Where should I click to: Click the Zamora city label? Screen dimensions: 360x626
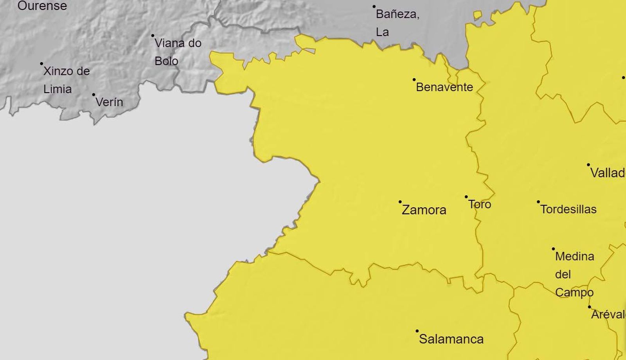pyautogui.click(x=424, y=210)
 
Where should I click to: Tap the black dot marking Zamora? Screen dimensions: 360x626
pyautogui.click(x=400, y=202)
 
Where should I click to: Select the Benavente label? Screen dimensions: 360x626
pyautogui.click(x=444, y=87)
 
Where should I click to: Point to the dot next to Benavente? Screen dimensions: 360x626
pyautogui.click(x=414, y=79)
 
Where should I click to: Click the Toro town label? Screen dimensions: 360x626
pyautogui.click(x=480, y=204)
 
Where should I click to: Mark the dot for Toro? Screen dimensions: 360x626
pyautogui.click(x=466, y=197)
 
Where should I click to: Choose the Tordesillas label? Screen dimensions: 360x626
pyautogui.click(x=568, y=209)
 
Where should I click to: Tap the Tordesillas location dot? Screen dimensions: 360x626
pyautogui.click(x=538, y=202)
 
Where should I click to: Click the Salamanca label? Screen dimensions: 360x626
pyautogui.click(x=451, y=339)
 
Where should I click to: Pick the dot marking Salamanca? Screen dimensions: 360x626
pyautogui.click(x=417, y=331)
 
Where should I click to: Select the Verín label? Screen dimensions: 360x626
pyautogui.click(x=109, y=102)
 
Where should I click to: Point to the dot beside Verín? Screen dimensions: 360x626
pyautogui.click(x=94, y=95)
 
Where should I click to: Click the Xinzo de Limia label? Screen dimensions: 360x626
pyautogui.click(x=66, y=80)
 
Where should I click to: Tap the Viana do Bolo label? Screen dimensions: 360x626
pyautogui.click(x=178, y=52)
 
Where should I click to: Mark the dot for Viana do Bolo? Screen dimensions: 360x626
pyautogui.click(x=153, y=36)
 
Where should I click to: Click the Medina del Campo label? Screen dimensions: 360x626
pyautogui.click(x=574, y=274)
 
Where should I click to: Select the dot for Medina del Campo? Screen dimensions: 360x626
pyautogui.click(x=553, y=249)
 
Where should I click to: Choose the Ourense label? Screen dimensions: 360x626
pyautogui.click(x=42, y=6)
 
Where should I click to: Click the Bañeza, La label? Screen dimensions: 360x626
pyautogui.click(x=397, y=23)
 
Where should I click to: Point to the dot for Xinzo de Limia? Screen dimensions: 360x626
pyautogui.click(x=41, y=63)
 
